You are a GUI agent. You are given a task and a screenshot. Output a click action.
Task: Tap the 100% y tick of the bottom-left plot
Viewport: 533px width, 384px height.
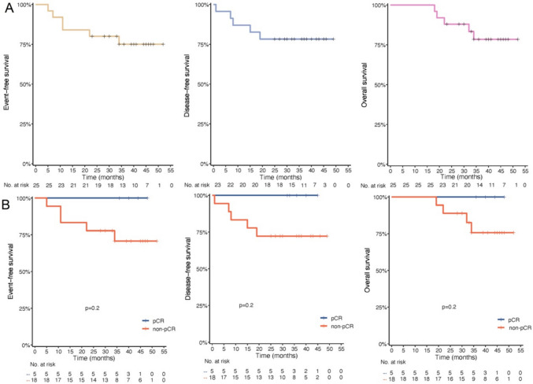pos(22,197)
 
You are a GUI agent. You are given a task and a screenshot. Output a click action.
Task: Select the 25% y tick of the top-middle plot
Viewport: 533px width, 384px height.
pos(202,124)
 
